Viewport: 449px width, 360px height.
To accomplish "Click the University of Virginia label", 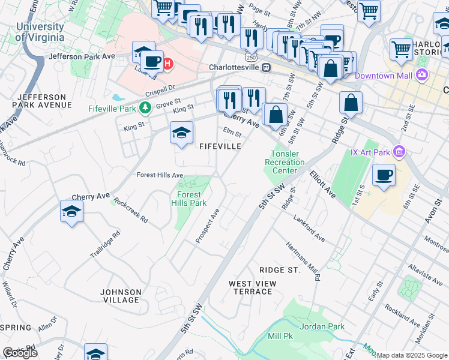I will (x=40, y=32).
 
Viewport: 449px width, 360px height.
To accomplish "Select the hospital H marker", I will (x=169, y=62).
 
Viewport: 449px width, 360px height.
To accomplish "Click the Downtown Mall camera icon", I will (x=423, y=76).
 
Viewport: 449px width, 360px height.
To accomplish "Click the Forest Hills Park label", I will (x=191, y=199).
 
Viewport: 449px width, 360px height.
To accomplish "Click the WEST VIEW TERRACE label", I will (x=253, y=287).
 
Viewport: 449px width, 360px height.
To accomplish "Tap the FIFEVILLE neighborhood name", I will (x=220, y=146).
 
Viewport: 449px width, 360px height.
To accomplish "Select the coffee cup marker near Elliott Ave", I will (x=384, y=175).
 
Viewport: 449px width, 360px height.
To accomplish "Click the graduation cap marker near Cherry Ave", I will (x=71, y=212).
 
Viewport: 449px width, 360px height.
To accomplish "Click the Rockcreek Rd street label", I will (x=130, y=211).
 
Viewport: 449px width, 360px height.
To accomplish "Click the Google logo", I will (x=20, y=353).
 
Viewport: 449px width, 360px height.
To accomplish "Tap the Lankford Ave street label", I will (x=309, y=228).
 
